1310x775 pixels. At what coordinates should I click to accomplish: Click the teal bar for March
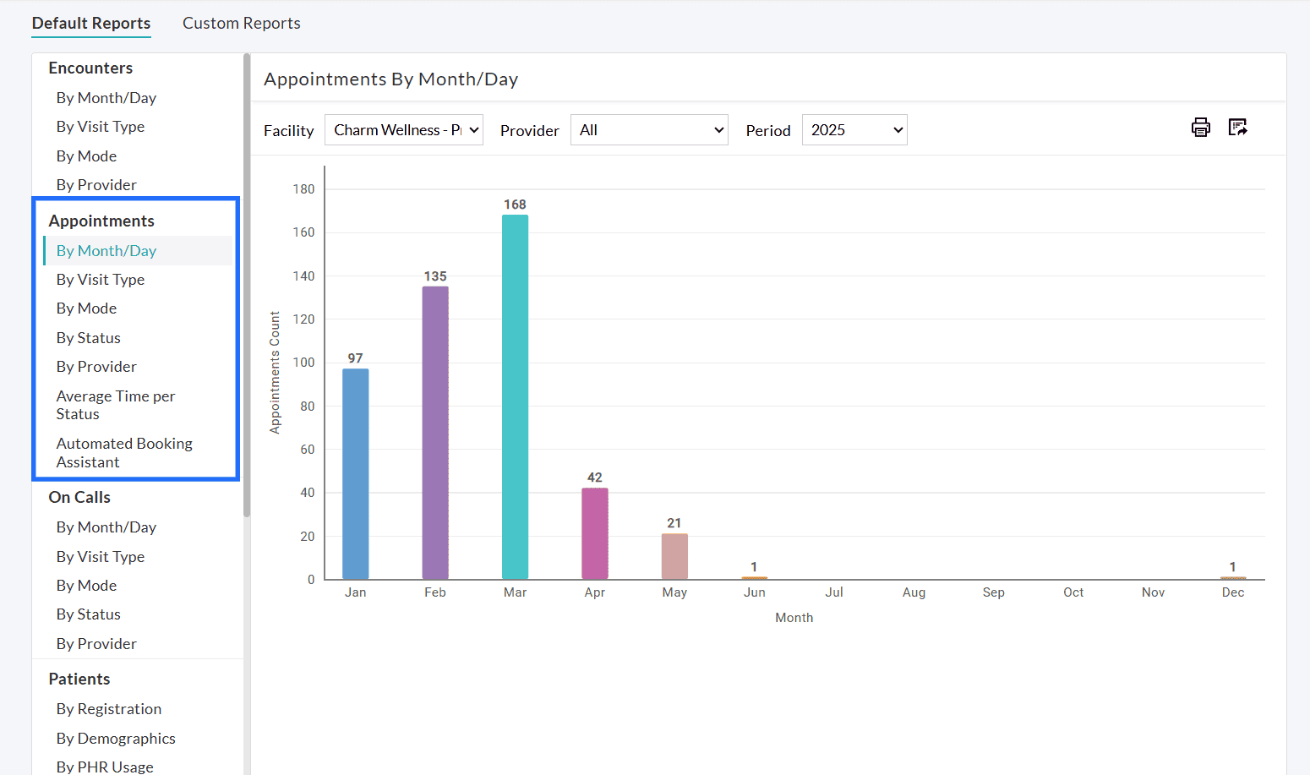[515, 396]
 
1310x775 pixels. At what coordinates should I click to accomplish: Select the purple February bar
[435, 432]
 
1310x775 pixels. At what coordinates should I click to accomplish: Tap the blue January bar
[355, 473]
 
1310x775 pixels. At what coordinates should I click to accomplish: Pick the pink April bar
[595, 533]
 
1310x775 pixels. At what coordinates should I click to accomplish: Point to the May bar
[674, 556]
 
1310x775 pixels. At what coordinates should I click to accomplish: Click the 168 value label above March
[515, 205]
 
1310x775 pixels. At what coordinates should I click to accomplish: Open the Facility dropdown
[404, 130]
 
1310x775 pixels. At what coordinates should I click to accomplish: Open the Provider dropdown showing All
[649, 130]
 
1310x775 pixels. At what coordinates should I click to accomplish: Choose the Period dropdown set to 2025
[854, 130]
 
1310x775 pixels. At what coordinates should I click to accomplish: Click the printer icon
[1200, 128]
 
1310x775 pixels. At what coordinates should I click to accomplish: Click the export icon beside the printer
[1238, 128]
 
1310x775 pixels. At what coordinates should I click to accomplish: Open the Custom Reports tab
[242, 24]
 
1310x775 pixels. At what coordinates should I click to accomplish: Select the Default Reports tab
[91, 24]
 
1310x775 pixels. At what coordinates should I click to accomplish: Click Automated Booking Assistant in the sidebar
[124, 453]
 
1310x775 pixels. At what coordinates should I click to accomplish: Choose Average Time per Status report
[116, 405]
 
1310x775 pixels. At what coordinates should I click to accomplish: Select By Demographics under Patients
[116, 739]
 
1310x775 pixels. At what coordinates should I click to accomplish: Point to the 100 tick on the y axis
[303, 363]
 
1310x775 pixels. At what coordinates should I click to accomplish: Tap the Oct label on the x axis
[1073, 592]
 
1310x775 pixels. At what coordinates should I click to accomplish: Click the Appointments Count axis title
[275, 373]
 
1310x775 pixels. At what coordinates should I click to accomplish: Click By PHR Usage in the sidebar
[105, 767]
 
